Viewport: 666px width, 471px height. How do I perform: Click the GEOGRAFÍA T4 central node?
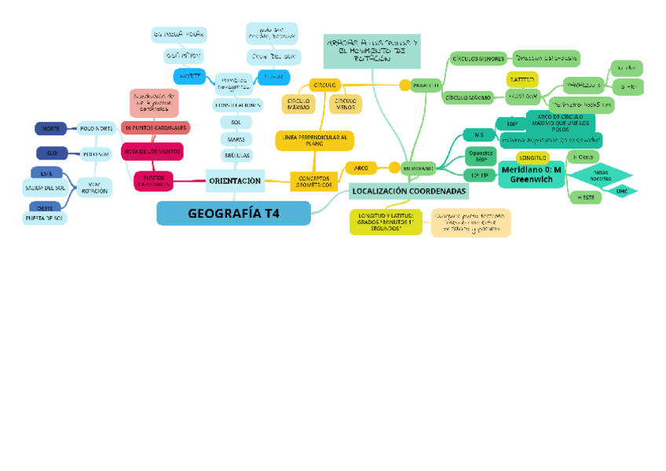233,213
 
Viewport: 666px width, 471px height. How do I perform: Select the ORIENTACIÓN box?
234,181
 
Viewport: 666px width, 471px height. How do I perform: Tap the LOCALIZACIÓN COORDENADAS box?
408,191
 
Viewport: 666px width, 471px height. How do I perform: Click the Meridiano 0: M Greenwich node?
531,175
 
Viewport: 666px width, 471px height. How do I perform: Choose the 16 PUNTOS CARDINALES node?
155,127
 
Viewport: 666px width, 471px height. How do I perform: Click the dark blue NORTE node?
50,128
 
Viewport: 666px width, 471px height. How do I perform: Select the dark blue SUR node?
52,153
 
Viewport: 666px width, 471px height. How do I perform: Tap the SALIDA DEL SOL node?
45,188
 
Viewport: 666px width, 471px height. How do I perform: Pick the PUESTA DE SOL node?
45,219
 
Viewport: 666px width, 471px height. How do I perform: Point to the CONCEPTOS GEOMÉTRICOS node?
313,182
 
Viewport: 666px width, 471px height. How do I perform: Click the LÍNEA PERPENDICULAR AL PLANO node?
313,141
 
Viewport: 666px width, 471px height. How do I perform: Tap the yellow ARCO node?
361,167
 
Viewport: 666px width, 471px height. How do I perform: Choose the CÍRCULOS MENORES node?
478,58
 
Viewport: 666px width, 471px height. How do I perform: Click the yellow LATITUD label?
521,79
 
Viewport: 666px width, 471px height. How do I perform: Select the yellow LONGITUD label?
532,158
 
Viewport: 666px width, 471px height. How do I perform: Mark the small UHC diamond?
622,191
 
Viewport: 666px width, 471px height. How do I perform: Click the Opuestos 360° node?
481,156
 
